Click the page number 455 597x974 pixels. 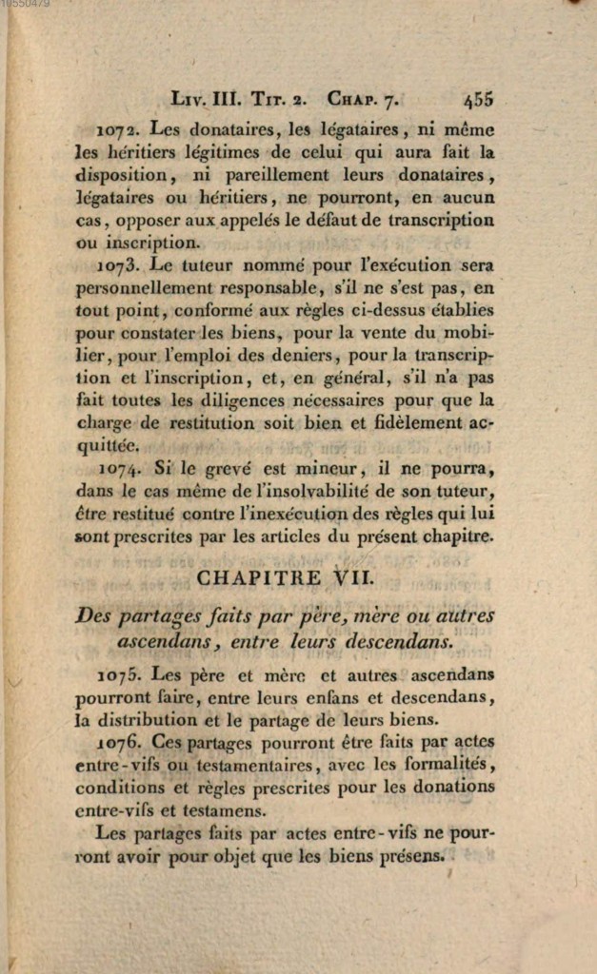pyautogui.click(x=478, y=99)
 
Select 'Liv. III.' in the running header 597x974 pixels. pyautogui.click(x=207, y=99)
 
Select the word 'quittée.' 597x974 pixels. pyautogui.click(x=108, y=445)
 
